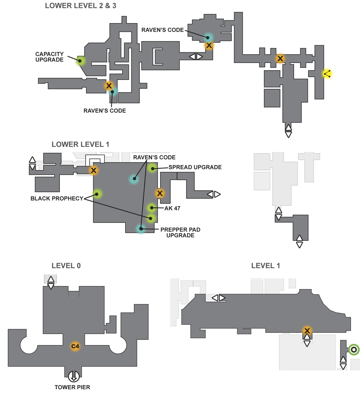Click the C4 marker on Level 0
[x=75, y=346]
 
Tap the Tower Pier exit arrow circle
[x=73, y=376]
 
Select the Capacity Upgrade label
[x=49, y=57]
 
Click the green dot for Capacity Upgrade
[x=80, y=61]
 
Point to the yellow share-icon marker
[x=327, y=73]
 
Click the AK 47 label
[x=172, y=208]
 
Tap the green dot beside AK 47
[x=152, y=207]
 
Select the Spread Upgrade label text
[x=195, y=167]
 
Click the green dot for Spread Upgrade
[x=152, y=168]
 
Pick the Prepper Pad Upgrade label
[x=180, y=232]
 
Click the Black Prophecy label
[x=57, y=198]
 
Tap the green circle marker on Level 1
[x=354, y=350]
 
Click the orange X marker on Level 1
[x=307, y=330]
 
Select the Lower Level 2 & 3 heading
[x=80, y=5]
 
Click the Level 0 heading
[x=66, y=265]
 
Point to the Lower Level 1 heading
[x=80, y=144]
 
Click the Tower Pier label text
[x=72, y=387]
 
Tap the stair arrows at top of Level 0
[x=51, y=283]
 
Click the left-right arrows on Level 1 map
[x=219, y=298]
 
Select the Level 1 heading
[x=266, y=265]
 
